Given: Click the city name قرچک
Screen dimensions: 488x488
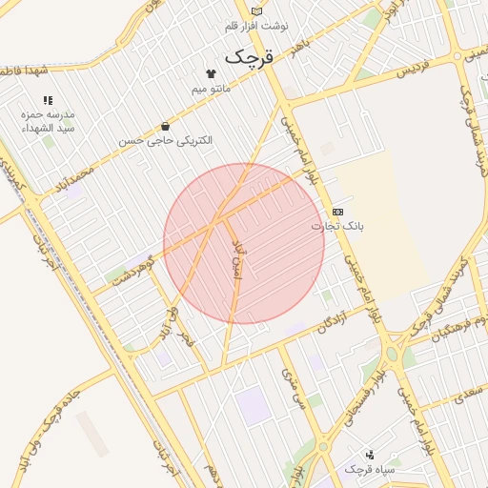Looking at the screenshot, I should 250,56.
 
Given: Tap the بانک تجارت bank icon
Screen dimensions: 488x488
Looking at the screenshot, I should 337,211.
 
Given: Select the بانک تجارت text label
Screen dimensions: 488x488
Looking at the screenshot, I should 337,226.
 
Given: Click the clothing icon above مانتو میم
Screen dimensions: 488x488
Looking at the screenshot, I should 211,72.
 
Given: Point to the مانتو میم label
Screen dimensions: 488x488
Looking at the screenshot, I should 211,88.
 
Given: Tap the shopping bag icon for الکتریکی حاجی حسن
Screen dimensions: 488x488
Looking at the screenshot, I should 166,126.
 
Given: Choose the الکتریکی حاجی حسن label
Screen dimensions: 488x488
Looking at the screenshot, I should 166,140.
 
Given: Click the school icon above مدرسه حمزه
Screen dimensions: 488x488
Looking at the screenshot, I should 48,100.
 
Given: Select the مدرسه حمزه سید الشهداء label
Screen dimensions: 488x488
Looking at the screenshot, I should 48,120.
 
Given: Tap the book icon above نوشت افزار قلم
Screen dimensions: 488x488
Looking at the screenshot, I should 255,10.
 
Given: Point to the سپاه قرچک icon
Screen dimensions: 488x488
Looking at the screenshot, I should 370,454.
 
